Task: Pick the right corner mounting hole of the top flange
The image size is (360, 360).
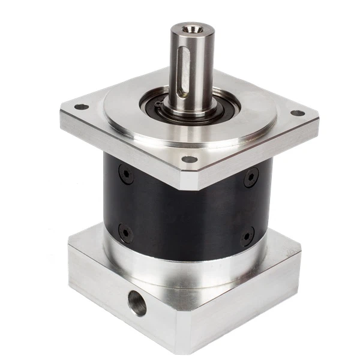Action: click(x=296, y=113)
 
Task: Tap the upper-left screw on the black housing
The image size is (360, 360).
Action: click(x=125, y=173)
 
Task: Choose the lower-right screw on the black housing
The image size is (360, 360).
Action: click(x=247, y=236)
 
